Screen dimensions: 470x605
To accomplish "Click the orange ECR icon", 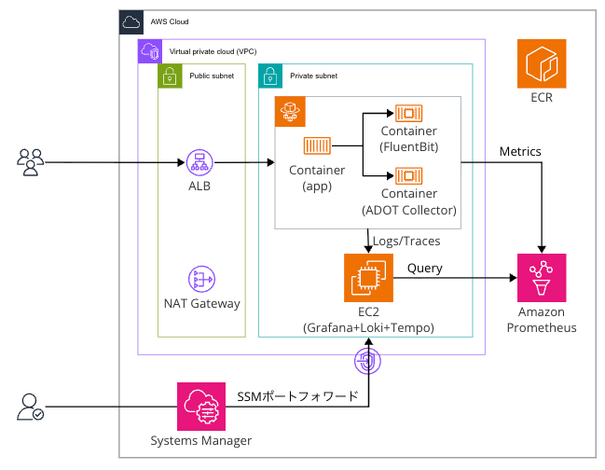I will click(x=543, y=63).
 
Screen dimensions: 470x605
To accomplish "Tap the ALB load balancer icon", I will click(x=199, y=161).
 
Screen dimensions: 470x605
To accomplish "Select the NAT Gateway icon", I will click(x=200, y=278).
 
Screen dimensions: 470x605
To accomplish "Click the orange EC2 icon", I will click(x=366, y=277).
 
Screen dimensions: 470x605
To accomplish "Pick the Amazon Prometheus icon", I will click(x=543, y=277).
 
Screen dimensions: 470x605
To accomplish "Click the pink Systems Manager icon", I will click(x=201, y=406).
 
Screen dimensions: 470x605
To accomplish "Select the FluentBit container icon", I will click(x=407, y=113).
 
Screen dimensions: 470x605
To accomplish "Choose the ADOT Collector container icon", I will click(x=407, y=174).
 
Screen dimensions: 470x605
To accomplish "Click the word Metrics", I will click(x=520, y=151).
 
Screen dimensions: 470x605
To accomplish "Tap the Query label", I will click(x=425, y=269).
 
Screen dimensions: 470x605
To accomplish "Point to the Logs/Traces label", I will click(x=406, y=241).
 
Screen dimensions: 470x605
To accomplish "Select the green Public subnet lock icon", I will click(x=170, y=76).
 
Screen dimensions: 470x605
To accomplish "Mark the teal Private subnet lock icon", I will click(x=268, y=76).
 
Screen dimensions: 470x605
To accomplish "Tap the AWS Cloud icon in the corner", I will click(x=131, y=21).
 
